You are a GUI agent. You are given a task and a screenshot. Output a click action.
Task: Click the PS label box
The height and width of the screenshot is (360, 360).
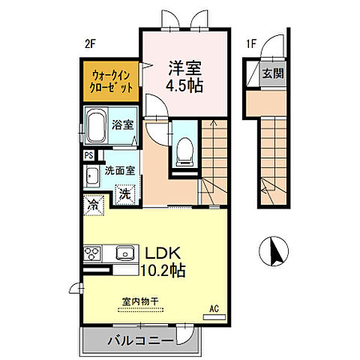pos(89,155)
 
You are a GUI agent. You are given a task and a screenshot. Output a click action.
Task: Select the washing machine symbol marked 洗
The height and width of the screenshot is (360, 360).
pos(124,193)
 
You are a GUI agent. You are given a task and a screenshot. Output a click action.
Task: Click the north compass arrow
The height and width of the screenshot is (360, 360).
pos(276,251)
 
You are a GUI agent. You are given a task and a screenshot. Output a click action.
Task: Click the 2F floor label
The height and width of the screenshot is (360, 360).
pos(89,43)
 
